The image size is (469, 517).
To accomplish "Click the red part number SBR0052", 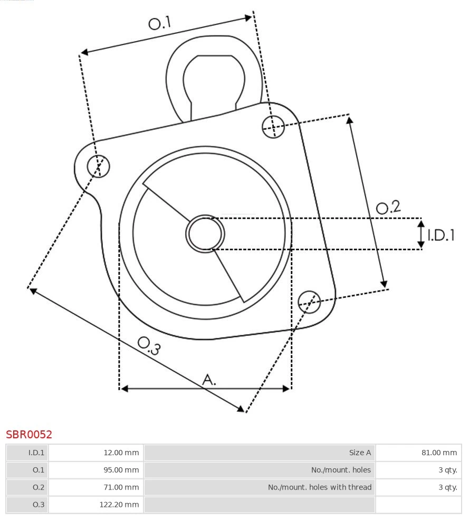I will [29, 435].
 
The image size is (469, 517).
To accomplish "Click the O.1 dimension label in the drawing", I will [159, 23].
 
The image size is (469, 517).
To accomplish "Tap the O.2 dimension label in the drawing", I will [388, 207].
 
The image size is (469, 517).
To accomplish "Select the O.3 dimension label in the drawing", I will [149, 345].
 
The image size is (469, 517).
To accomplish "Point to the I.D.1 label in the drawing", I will [441, 235].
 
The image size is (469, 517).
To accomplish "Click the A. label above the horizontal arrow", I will [209, 379].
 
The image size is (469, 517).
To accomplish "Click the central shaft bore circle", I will [205, 233].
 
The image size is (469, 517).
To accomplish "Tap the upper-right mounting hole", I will [273, 126].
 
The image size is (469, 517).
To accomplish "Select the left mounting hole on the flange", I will [98, 166].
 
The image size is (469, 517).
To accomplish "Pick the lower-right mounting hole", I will [309, 301].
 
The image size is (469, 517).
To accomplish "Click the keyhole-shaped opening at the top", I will [214, 82].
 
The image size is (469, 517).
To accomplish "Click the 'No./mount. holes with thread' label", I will [320, 487].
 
